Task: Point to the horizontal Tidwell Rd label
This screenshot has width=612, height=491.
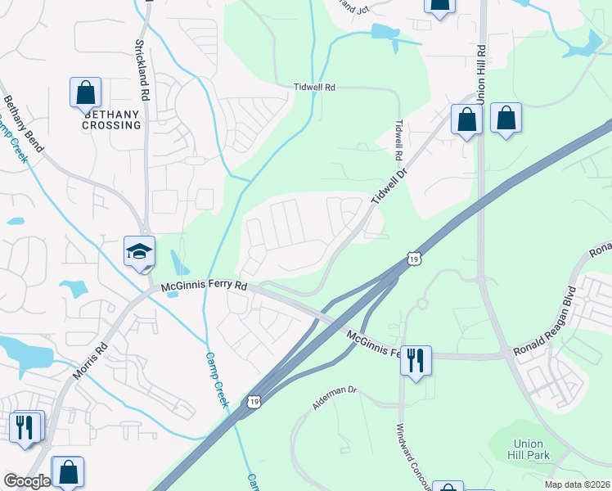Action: (x=315, y=87)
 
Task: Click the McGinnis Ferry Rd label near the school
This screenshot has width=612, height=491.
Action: (x=204, y=287)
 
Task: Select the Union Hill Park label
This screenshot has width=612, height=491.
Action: (x=520, y=448)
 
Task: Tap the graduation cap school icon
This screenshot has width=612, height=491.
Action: (x=139, y=250)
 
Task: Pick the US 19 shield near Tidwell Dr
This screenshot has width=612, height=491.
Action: (x=415, y=259)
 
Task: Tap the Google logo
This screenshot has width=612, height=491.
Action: (x=28, y=481)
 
